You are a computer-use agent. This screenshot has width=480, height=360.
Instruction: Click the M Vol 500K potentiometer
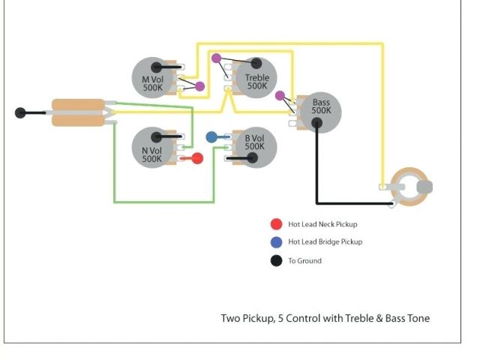[x=153, y=77]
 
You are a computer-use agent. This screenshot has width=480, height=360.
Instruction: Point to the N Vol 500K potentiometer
[x=153, y=147]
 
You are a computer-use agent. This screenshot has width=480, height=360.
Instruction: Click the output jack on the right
[x=408, y=185]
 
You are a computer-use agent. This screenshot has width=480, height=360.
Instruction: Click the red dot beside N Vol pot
[x=197, y=158]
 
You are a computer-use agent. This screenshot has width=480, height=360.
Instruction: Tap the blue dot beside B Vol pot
[x=211, y=137]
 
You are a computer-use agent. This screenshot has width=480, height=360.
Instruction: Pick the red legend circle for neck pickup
[x=277, y=223]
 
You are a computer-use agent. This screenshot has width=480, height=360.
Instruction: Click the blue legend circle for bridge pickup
[x=277, y=241]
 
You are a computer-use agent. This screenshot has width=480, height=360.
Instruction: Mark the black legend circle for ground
[x=277, y=260]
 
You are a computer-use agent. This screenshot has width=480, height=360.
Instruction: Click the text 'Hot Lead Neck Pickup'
[x=323, y=224]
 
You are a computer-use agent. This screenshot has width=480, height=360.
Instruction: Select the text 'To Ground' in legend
[x=305, y=261]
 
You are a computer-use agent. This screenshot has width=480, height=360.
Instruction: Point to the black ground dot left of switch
[x=20, y=113]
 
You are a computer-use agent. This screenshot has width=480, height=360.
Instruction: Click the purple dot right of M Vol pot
[x=200, y=86]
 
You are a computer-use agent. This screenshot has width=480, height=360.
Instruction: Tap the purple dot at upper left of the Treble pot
[x=216, y=58]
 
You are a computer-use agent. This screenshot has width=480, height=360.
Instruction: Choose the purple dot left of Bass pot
[x=280, y=95]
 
